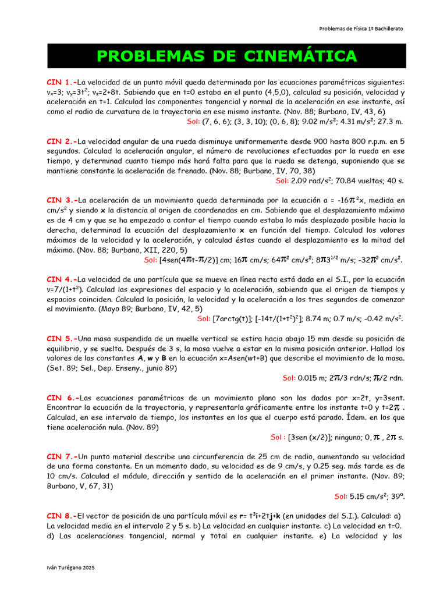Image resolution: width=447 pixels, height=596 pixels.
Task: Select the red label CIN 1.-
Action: (x=62, y=82)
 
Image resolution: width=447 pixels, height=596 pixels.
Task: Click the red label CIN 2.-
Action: (x=62, y=141)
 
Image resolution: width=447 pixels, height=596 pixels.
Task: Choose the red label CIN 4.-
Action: (x=62, y=279)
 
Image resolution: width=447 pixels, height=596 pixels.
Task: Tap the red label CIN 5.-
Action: (x=62, y=339)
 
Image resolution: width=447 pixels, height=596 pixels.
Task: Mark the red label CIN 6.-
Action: (x=62, y=398)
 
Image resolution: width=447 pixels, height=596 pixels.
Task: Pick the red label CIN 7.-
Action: (x=62, y=457)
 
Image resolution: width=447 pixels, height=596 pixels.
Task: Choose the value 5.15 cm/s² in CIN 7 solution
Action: (x=369, y=496)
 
